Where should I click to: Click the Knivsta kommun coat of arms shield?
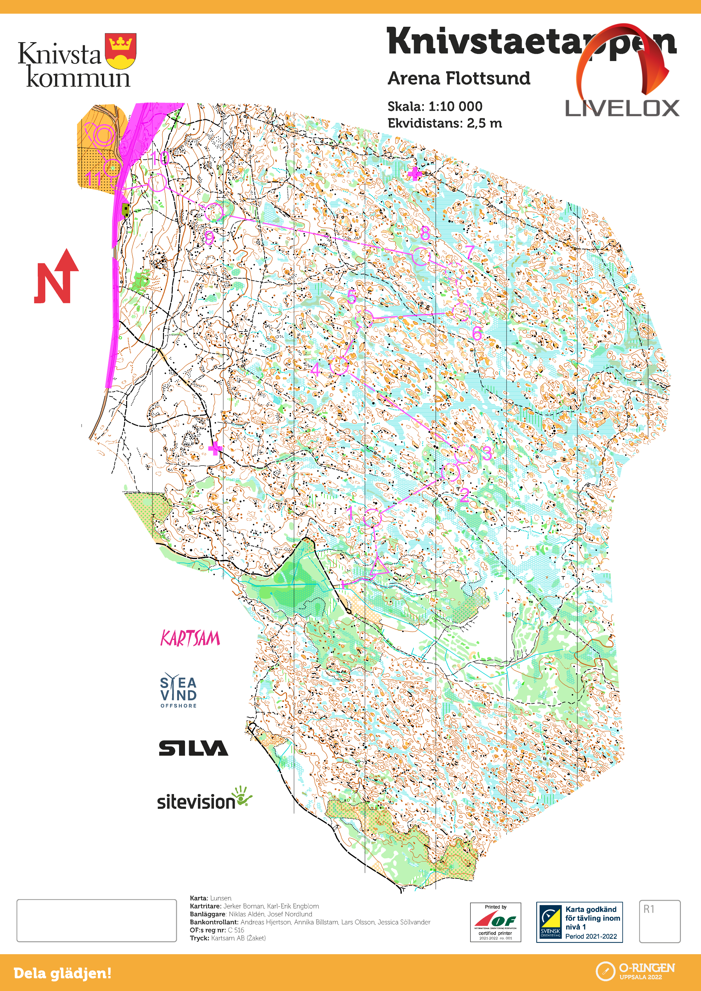[121, 51]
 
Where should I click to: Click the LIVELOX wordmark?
[622, 108]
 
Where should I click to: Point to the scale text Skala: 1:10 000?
[435, 106]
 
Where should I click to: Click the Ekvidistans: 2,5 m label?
[445, 123]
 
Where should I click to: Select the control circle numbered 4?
[339, 365]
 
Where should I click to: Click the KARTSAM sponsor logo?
[190, 638]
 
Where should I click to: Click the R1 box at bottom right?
[659, 921]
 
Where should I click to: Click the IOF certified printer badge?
[495, 922]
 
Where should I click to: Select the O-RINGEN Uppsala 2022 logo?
[635, 971]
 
